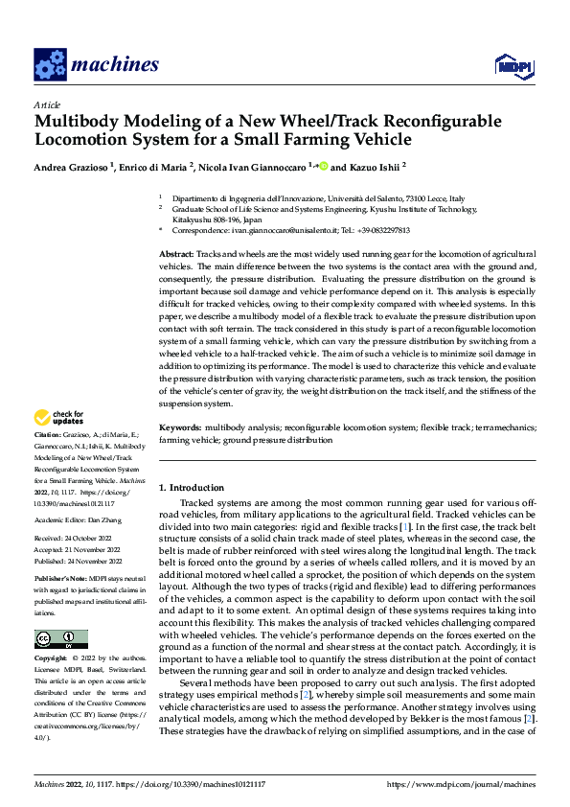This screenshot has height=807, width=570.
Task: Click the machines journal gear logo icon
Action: tap(50, 66)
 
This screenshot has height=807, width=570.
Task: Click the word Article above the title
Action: tap(47, 104)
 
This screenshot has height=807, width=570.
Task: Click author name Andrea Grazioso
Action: tap(73, 167)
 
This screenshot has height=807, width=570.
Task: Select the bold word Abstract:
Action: tap(176, 251)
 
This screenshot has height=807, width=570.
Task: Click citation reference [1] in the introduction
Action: tap(406, 527)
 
